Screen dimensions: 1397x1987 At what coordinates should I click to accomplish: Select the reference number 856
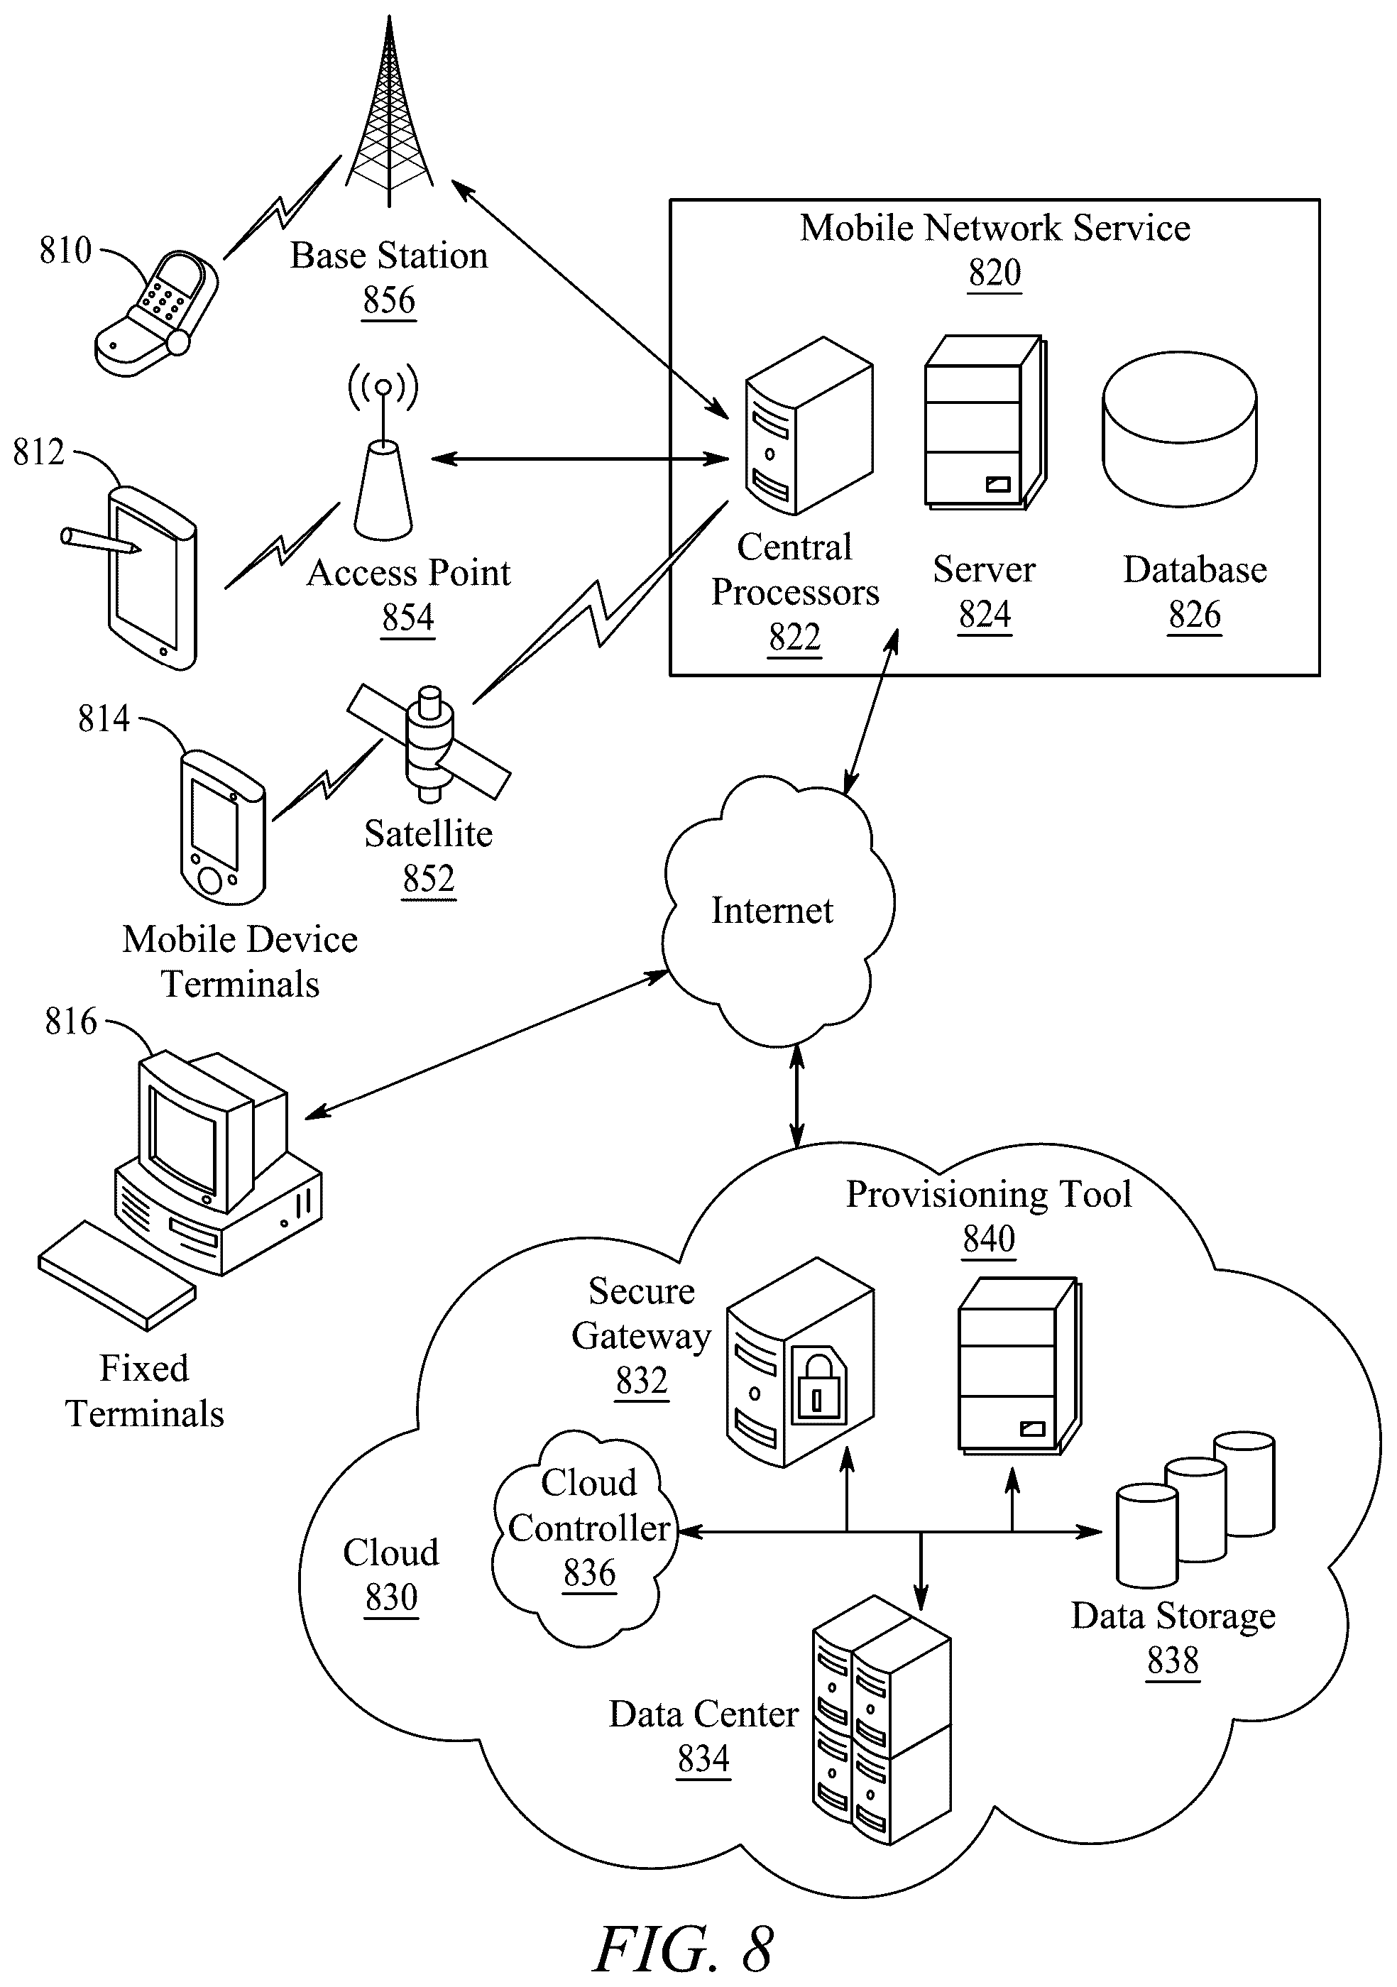[x=388, y=300]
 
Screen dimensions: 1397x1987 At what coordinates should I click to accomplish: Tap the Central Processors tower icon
[x=809, y=426]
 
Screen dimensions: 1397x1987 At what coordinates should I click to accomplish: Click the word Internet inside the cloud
[x=772, y=910]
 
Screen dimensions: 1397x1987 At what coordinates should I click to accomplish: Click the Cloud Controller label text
[x=589, y=1505]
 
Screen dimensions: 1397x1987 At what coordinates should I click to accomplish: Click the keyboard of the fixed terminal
[x=117, y=1275]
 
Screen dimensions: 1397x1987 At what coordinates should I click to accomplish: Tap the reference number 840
[x=988, y=1239]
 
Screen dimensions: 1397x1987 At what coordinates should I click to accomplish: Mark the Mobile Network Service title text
[x=995, y=228]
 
